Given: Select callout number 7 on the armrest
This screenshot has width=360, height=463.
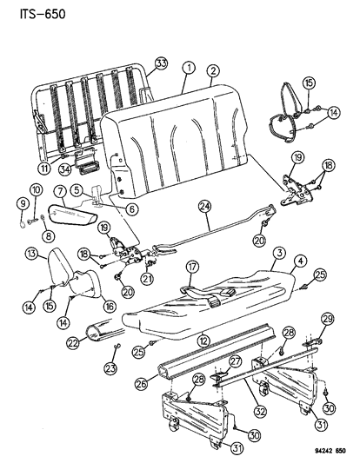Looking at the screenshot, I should click(x=61, y=190).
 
